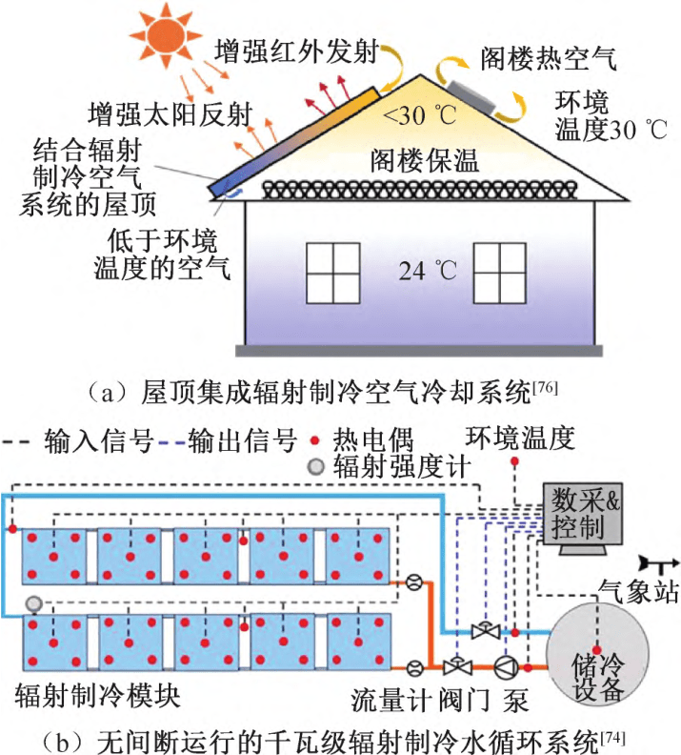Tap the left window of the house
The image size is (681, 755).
click(x=332, y=268)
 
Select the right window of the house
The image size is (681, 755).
click(x=500, y=268)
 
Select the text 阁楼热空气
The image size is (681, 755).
click(x=551, y=57)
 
